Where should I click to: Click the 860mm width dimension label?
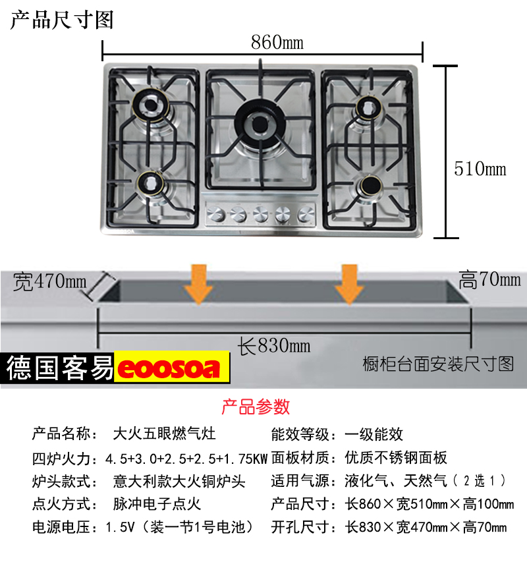pos(277,43)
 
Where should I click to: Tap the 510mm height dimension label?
pos(480,169)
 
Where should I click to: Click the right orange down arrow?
pos(348,284)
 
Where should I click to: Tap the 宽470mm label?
pos(50,282)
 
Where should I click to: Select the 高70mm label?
pos(490,280)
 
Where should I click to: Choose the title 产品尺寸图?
pos(63,20)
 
